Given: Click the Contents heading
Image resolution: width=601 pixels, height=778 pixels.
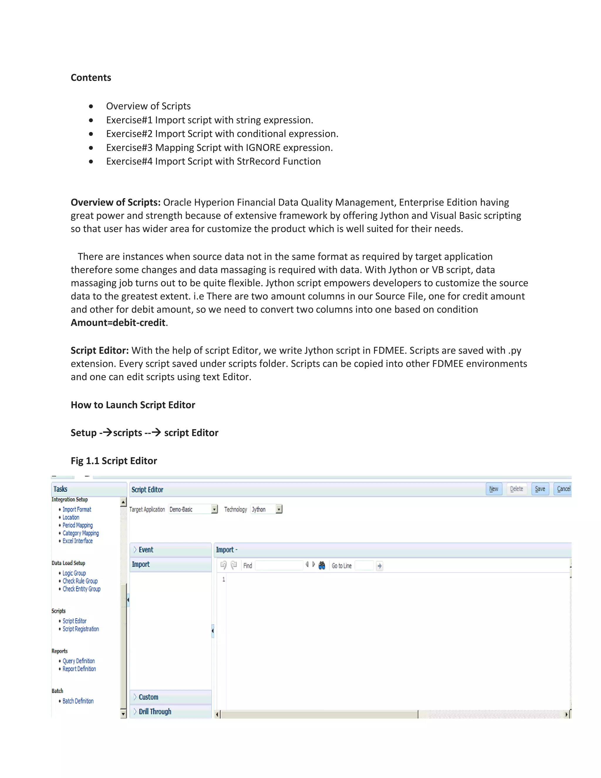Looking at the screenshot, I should coord(91,78).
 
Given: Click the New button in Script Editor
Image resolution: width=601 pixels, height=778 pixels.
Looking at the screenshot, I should coord(494,489).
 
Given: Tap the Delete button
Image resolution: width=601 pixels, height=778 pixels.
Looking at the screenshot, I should coord(516,489).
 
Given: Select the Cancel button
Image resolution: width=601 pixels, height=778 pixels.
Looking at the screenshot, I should coord(563,489).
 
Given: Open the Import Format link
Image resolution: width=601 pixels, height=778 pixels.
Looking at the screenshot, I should coord(77,509).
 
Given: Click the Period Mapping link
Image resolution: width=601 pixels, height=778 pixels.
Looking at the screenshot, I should coord(77,525).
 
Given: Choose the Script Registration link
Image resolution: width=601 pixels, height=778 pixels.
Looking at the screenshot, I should coord(81,629).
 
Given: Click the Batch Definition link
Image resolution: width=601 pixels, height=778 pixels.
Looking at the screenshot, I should coord(78,701).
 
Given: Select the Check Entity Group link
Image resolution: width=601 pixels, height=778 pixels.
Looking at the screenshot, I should coord(82,589).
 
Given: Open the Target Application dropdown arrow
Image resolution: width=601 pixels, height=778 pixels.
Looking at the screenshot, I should coord(214,509).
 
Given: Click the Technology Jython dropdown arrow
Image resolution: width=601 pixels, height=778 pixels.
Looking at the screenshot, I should coord(279,509).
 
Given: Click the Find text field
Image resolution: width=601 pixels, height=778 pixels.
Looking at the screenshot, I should coord(279,565).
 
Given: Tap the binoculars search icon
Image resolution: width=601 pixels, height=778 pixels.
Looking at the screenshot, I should coord(322,565).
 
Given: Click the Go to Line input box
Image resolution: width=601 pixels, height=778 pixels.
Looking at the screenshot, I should coord(364,565).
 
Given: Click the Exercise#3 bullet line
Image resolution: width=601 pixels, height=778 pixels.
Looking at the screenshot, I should coord(219,147).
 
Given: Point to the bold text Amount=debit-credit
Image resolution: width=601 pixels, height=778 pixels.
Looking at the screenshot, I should coord(118,322).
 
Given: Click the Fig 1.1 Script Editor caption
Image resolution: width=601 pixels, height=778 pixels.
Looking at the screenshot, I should coord(114,461).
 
